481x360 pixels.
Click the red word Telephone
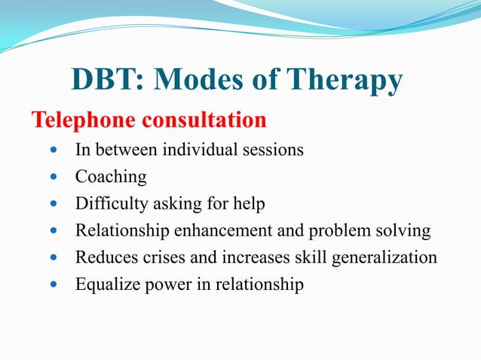pos(81,121)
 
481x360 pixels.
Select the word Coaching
pos(110,178)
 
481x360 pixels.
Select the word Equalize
pos(105,285)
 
